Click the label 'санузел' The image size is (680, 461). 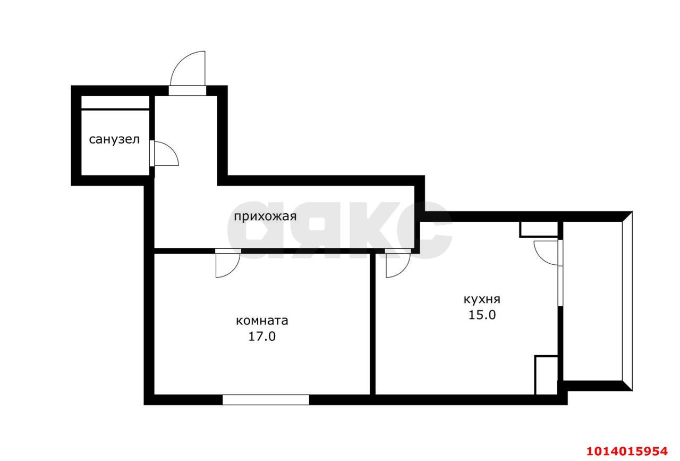(x=114, y=140)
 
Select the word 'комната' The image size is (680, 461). (x=262, y=321)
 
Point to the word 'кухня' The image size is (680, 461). (x=482, y=299)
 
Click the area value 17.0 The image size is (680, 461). (x=262, y=337)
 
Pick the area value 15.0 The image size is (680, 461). (x=482, y=315)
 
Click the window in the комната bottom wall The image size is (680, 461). (x=266, y=399)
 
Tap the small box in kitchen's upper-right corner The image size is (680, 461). (x=539, y=229)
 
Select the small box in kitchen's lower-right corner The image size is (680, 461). (x=546, y=375)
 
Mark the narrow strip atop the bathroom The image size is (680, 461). (x=115, y=102)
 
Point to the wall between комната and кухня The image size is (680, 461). (x=372, y=324)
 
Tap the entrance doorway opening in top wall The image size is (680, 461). (x=188, y=91)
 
